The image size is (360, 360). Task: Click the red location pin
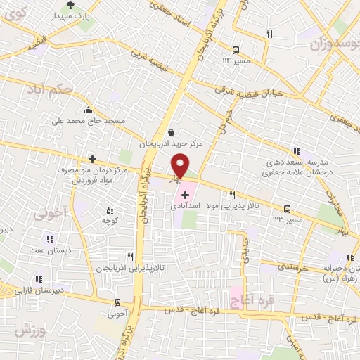click(180, 167)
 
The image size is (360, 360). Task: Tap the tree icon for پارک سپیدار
click(70, 6)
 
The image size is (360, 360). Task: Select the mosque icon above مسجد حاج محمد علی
click(87, 110)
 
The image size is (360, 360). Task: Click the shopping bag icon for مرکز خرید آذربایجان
click(171, 132)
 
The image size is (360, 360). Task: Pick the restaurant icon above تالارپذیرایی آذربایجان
click(129, 257)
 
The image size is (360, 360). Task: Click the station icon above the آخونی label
click(119, 303)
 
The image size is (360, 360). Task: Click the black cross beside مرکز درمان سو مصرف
click(91, 160)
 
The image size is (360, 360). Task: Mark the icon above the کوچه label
click(108, 210)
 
